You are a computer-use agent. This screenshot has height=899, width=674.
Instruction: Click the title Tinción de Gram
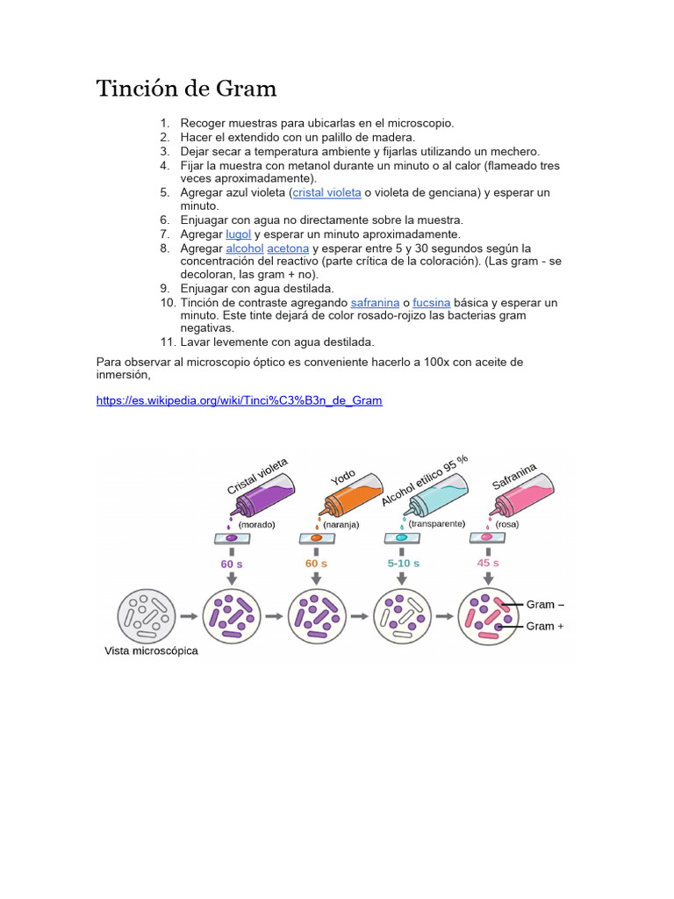186,89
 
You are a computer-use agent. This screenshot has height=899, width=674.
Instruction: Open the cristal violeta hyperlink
326,192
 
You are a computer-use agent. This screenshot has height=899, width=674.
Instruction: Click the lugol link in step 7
238,234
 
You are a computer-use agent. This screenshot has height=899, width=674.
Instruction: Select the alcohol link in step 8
244,248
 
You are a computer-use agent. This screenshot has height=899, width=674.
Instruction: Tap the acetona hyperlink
288,248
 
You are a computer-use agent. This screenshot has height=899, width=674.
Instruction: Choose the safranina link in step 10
375,303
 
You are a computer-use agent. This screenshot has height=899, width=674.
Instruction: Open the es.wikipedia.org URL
239,400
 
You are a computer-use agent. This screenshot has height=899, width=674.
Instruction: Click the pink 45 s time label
488,563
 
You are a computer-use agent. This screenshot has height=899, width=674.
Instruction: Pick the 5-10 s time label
403,563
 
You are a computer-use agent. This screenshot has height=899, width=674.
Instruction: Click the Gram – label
545,605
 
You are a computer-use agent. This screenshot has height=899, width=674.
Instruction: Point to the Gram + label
545,626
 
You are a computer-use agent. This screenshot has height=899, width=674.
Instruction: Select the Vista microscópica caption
151,651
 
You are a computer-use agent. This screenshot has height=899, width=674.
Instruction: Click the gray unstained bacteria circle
147,616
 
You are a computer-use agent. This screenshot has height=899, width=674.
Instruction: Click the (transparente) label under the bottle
436,523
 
